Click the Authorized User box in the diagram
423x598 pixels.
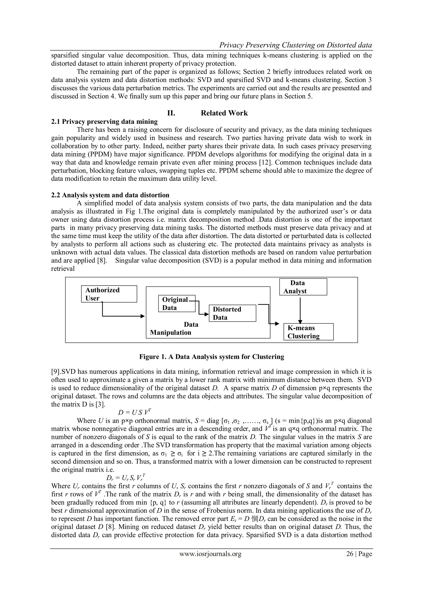click(109, 294)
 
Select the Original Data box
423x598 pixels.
click(177, 303)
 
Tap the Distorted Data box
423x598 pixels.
click(232, 313)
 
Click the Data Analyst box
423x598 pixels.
click(303, 287)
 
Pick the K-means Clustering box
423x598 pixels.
click(308, 332)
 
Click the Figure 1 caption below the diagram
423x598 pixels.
click(211, 357)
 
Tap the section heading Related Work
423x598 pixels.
click(224, 113)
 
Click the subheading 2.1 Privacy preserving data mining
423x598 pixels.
click(104, 122)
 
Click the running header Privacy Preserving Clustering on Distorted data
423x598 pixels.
click(295, 45)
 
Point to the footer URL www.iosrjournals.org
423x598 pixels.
click(210, 554)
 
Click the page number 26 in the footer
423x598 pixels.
click(349, 554)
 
